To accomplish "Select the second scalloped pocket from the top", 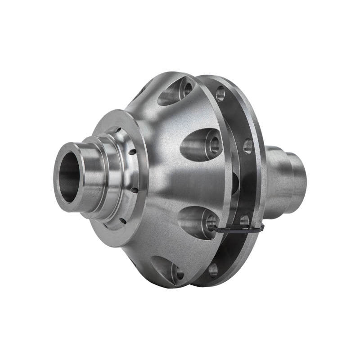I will coord(201,144).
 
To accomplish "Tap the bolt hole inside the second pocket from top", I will coord(214,144).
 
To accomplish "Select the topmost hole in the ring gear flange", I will coord(220,94).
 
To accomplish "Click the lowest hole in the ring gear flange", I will coord(213,270).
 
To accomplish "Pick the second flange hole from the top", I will coord(247,146).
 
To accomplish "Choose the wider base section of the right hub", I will coord(277,173).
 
